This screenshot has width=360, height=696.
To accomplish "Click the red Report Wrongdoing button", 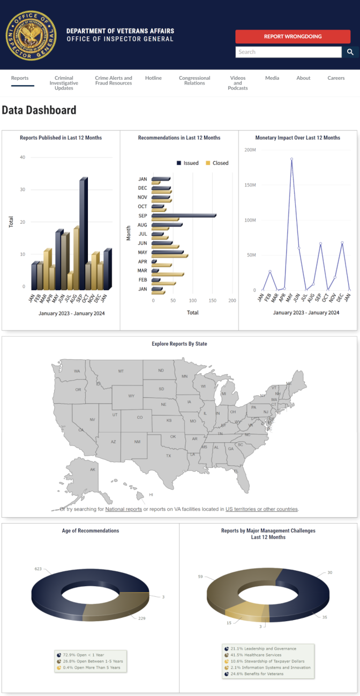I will [x=292, y=36].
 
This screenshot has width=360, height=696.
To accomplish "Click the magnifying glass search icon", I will [x=350, y=52].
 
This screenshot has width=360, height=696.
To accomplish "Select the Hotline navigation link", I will [x=153, y=78].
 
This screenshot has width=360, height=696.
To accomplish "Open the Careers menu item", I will [x=336, y=78].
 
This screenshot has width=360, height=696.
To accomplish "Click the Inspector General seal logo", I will [x=31, y=35].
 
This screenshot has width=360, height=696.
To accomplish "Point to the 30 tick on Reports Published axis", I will [x=22, y=190].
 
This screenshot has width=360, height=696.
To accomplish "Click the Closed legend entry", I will [x=216, y=163].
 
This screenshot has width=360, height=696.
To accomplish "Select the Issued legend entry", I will [x=187, y=163].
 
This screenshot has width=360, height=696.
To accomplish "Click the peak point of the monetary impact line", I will [x=291, y=159].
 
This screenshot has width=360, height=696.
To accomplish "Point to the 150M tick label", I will [x=250, y=185].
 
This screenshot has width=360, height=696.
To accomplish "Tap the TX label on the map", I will [x=168, y=456].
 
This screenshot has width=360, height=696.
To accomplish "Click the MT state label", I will [x=121, y=371].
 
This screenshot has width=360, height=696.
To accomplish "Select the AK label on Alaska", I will [x=93, y=470].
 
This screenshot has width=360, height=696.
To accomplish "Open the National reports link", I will [x=123, y=509].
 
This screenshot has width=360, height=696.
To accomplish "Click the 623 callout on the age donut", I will [x=38, y=569].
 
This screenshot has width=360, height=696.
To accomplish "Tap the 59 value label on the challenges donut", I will [x=200, y=577].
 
